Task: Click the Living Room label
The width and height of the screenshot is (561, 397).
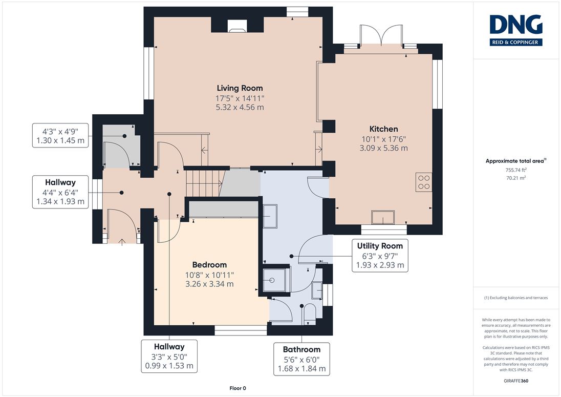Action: coord(240,88)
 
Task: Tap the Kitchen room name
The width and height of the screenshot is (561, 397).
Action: coord(383,129)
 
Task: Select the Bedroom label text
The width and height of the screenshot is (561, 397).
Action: coord(209,265)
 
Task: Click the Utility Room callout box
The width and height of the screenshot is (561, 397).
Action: coord(380,256)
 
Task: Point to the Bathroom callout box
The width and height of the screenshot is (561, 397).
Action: coord(301,359)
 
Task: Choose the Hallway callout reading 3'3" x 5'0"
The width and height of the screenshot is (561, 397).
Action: coord(169,356)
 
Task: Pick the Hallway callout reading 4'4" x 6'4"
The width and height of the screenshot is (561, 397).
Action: coord(60,192)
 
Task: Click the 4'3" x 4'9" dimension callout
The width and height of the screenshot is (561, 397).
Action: coord(60,135)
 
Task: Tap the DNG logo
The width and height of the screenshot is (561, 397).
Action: coord(516,30)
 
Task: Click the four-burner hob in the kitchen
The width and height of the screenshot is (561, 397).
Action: coord(424,182)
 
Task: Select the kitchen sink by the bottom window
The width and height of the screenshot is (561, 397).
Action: coord(383,217)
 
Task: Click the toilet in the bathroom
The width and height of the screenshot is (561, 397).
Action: coord(309,314)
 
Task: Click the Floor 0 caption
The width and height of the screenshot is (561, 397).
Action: coord(238,388)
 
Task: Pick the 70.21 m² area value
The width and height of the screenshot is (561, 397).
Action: coord(516,178)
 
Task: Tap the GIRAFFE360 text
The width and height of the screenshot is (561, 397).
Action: coord(516,381)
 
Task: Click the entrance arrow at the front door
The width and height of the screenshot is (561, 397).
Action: coord(122,242)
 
